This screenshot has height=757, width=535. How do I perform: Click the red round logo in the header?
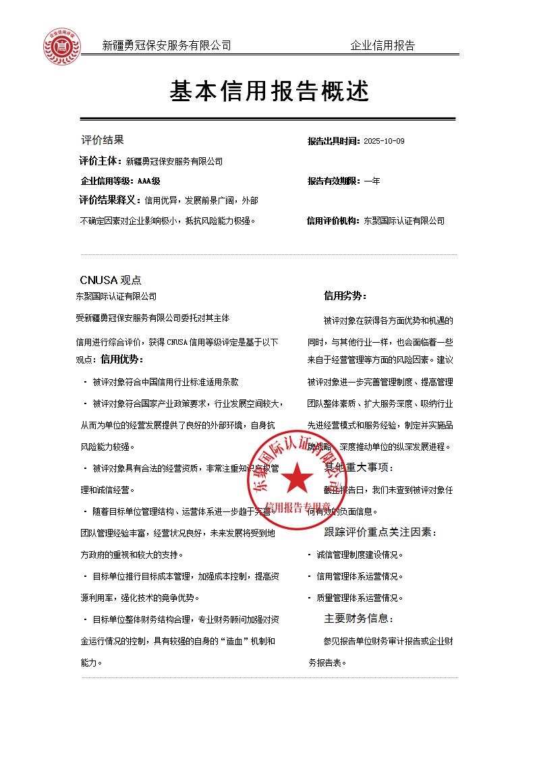61,46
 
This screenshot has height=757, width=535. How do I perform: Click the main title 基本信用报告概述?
269,91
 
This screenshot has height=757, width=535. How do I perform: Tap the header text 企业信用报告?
383,46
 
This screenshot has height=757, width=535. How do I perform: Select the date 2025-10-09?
384,141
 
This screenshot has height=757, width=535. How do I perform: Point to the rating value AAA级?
148,181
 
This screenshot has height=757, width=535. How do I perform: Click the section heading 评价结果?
103,140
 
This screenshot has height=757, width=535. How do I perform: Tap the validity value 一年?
372,181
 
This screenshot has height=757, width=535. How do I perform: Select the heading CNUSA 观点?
111,280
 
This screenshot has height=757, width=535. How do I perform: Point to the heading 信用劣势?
345,296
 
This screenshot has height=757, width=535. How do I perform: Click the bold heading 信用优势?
121,359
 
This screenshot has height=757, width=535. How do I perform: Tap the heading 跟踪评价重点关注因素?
381,532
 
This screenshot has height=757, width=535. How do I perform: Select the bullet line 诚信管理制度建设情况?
359,555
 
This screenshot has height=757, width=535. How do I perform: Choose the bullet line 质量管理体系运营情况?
359,597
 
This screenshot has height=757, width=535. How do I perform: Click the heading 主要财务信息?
358,618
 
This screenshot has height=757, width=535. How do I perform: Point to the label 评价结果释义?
110,200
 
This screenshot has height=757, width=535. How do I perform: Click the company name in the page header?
166,46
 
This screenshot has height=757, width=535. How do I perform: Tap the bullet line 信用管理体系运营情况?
359,576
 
